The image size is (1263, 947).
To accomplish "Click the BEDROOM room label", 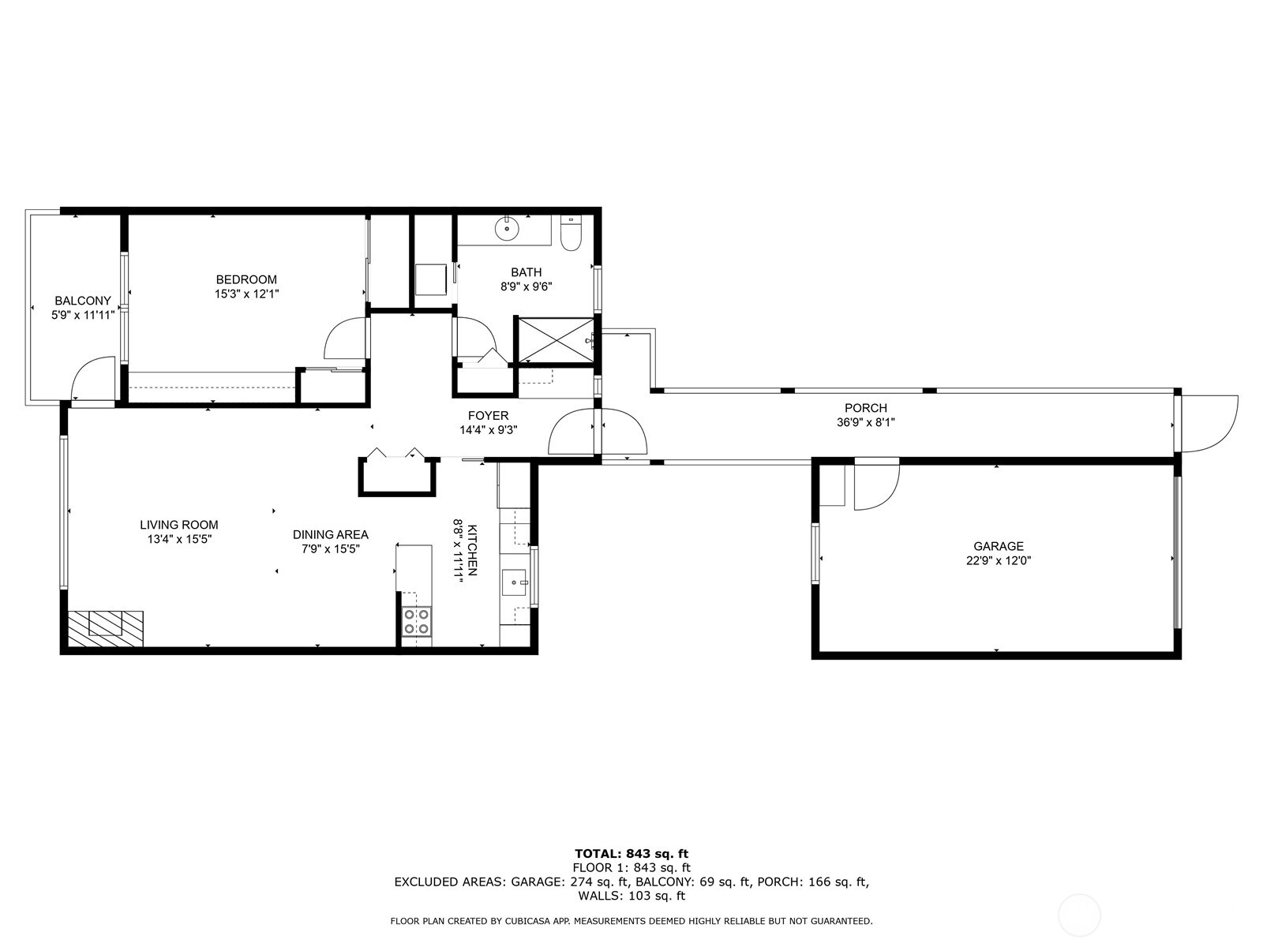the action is (x=246, y=279).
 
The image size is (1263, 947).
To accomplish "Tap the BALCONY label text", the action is (x=83, y=301).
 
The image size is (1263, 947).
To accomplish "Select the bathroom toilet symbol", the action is (x=571, y=233).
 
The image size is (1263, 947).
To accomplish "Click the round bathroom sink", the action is (x=507, y=228).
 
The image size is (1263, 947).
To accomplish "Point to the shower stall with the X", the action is (x=556, y=340).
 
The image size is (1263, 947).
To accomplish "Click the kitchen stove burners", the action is (x=417, y=621).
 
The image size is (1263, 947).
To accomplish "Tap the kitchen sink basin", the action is (x=515, y=583).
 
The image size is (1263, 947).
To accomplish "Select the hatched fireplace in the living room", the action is (x=105, y=628).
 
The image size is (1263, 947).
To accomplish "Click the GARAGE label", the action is (x=999, y=546).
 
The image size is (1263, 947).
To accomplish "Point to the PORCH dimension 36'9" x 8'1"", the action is (x=865, y=423).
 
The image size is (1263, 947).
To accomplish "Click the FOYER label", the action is (x=488, y=416).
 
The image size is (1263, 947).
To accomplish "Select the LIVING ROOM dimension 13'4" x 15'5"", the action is (x=179, y=539).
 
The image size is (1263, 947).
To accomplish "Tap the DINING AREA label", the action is (x=330, y=535).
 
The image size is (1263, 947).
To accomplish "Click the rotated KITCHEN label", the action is (x=471, y=550).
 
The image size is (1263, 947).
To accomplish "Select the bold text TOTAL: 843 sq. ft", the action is (x=631, y=854).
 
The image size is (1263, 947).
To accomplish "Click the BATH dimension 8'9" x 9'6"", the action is (x=526, y=286).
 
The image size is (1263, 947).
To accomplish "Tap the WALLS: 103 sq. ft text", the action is (x=631, y=895).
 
